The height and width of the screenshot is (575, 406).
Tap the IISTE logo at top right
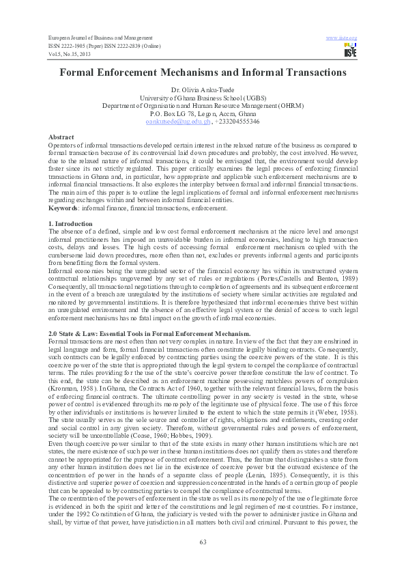[351, 49]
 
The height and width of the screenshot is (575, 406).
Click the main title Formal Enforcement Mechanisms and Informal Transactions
[203, 72]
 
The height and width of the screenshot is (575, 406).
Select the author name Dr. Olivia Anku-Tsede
[203, 90]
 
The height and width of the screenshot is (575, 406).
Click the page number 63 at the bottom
[203, 542]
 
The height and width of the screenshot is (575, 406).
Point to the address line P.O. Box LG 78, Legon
[203, 113]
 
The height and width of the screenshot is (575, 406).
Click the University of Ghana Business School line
[203, 98]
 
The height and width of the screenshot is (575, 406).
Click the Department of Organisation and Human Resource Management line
[203, 106]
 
